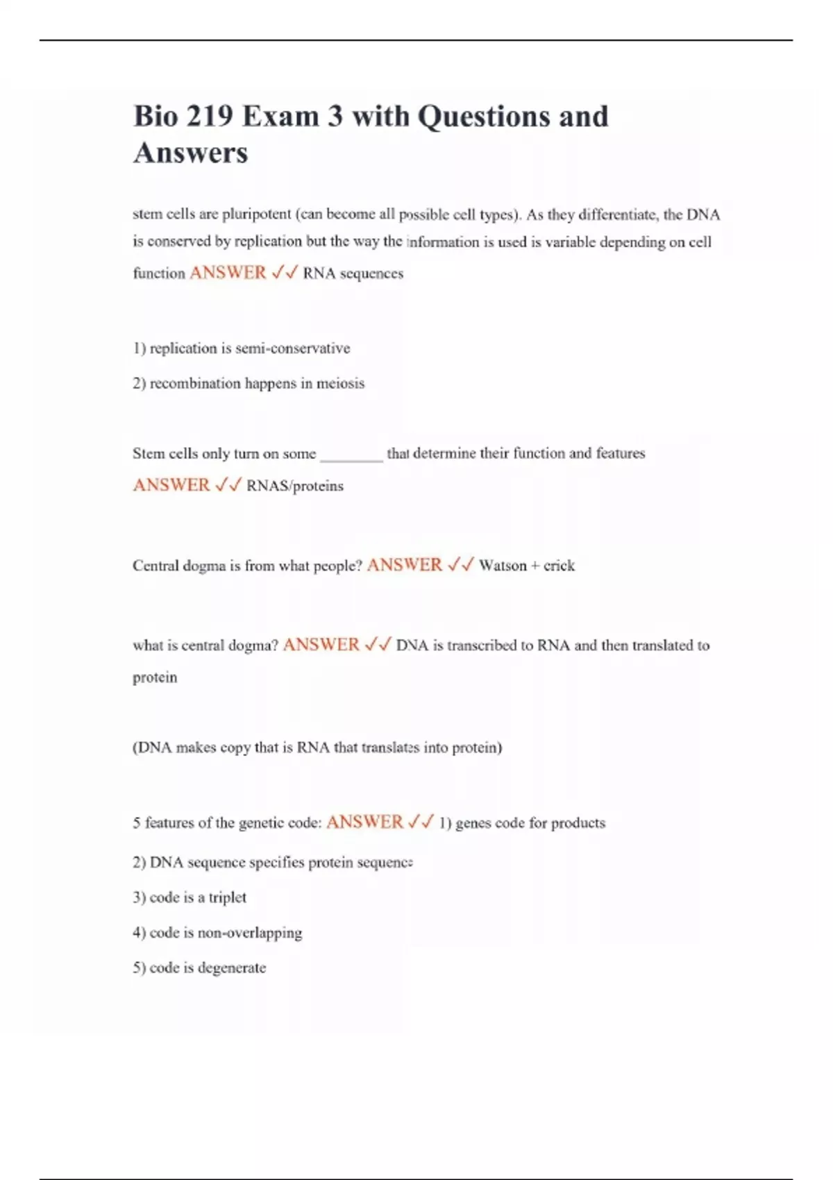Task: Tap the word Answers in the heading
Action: [190, 153]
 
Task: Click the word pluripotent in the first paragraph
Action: [256, 214]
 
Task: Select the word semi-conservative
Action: [292, 348]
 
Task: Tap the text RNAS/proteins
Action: [295, 486]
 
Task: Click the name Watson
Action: [503, 566]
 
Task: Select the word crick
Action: [559, 566]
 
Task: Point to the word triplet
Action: [228, 897]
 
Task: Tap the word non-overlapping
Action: [250, 933]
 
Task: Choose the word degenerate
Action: [232, 968]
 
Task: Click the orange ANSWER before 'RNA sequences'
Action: [228, 273]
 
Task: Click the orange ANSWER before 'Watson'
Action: [405, 565]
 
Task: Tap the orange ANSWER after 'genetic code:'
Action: [364, 822]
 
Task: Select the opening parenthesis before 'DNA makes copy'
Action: [135, 748]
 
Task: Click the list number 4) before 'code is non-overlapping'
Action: [139, 933]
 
